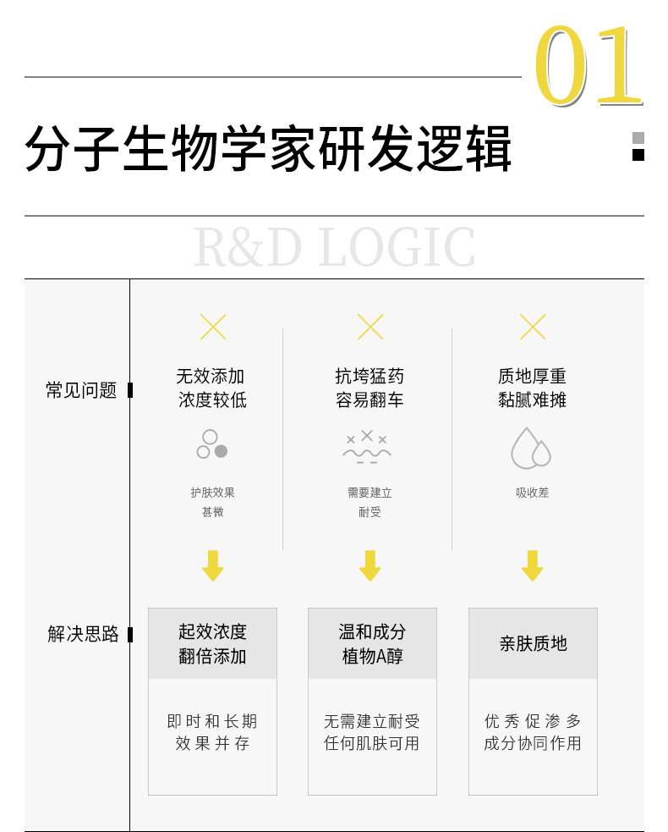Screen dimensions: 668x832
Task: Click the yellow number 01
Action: pyautogui.click(x=589, y=64)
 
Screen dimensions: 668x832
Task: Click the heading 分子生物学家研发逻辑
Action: pyautogui.click(x=268, y=149)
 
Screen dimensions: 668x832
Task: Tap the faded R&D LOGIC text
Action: pyautogui.click(x=334, y=247)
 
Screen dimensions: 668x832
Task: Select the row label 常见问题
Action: pyautogui.click(x=81, y=390)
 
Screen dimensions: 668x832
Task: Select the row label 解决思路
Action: pyautogui.click(x=83, y=634)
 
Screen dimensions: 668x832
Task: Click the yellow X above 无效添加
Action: pyautogui.click(x=213, y=327)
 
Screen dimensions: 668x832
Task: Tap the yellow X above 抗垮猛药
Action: pyautogui.click(x=370, y=327)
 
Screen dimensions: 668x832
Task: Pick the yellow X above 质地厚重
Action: pyautogui.click(x=532, y=327)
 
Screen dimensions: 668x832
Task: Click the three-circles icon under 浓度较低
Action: pyautogui.click(x=212, y=444)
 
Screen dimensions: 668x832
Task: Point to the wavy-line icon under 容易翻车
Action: pyautogui.click(x=367, y=447)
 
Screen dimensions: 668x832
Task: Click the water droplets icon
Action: pyautogui.click(x=531, y=448)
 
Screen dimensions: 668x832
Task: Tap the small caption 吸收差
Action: pyautogui.click(x=532, y=493)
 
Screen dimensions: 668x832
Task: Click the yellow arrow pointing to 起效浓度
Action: pyautogui.click(x=212, y=565)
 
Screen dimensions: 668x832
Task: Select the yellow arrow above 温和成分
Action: pyautogui.click(x=370, y=565)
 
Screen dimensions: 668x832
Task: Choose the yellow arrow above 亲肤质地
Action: pyautogui.click(x=532, y=565)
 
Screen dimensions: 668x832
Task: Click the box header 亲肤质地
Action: pyautogui.click(x=533, y=643)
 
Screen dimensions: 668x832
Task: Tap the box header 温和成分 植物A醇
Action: pyautogui.click(x=372, y=643)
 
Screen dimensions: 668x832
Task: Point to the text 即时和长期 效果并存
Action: pyautogui.click(x=212, y=732)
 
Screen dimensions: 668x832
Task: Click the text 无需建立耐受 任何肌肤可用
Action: pyautogui.click(x=372, y=732)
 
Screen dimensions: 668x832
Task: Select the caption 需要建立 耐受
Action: pyautogui.click(x=370, y=502)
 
